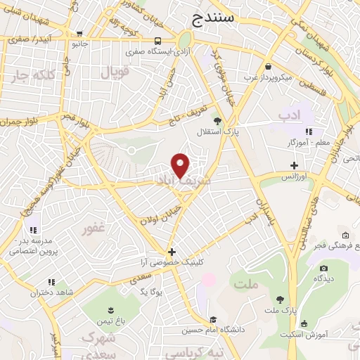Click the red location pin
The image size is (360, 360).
[181, 165]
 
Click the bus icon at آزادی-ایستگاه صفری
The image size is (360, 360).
[157, 41]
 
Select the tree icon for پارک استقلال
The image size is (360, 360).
[217, 120]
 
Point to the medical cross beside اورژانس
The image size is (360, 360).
[294, 165]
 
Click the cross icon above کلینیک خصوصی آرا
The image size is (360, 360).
[171, 251]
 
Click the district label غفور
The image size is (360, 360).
[94, 229]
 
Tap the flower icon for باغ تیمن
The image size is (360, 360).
[110, 310]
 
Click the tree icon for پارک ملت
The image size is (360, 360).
[280, 300]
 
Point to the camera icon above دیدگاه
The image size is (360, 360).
[323, 268]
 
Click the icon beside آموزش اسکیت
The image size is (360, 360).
[304, 324]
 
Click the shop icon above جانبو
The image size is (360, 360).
[79, 33]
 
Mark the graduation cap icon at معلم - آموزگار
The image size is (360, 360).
[309, 131]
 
